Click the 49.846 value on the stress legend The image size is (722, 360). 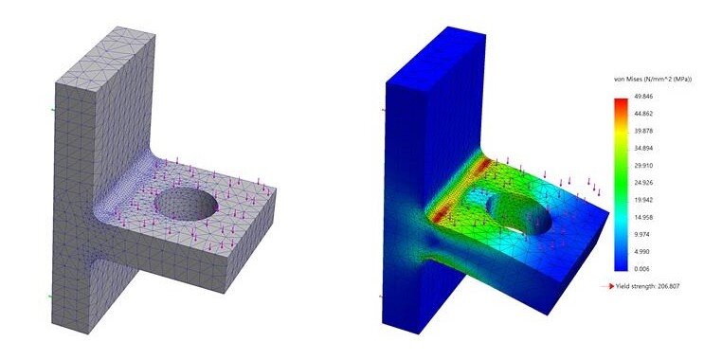click(x=643, y=97)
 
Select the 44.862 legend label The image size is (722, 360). click(x=643, y=114)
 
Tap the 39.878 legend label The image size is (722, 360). click(x=643, y=131)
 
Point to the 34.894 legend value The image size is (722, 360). click(x=643, y=148)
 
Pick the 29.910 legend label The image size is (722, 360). click(x=643, y=165)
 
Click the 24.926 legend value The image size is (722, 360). click(x=643, y=183)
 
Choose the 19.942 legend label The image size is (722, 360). click(x=643, y=200)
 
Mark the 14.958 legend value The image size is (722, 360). click(x=643, y=217)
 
